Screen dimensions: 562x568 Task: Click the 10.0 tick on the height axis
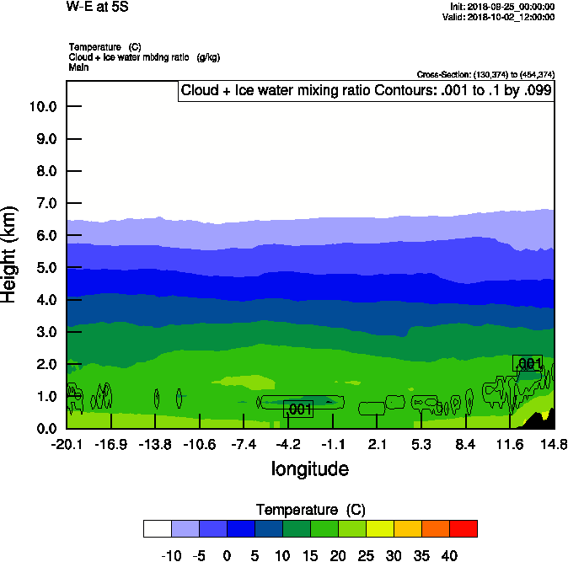42,106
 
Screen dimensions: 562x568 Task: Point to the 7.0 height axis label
42,203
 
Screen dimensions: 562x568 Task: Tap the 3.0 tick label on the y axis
42,332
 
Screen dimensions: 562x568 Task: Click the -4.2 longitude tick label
288,444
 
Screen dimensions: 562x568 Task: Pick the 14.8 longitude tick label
554,444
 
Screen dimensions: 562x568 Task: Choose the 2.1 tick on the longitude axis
377,444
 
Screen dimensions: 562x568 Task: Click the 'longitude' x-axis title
309,468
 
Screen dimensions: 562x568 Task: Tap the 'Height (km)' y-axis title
11,254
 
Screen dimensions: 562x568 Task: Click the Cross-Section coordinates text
485,75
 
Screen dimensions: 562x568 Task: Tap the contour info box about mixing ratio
367,91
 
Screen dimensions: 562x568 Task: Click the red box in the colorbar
463,528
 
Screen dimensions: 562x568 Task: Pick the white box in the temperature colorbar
157,528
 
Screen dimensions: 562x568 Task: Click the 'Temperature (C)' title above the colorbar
309,510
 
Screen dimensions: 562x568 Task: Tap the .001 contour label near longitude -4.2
298,409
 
